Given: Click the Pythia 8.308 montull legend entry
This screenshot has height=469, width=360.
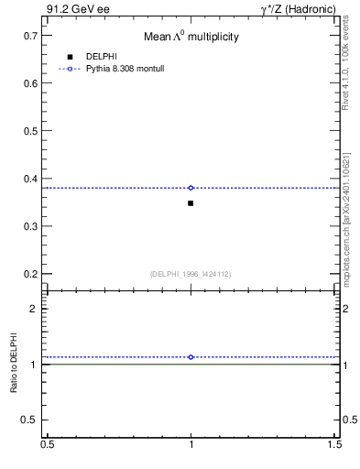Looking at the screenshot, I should pyautogui.click(x=125, y=69).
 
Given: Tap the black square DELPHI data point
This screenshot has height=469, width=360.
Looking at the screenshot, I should pyautogui.click(x=191, y=202).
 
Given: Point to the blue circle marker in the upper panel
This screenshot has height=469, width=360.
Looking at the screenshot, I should pyautogui.click(x=191, y=188).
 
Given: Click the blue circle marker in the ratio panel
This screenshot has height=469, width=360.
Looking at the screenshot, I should pyautogui.click(x=191, y=357).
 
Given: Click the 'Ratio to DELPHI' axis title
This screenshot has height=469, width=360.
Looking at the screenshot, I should pyautogui.click(x=14, y=364).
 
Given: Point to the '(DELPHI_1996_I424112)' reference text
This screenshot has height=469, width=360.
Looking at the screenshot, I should pyautogui.click(x=191, y=273).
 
